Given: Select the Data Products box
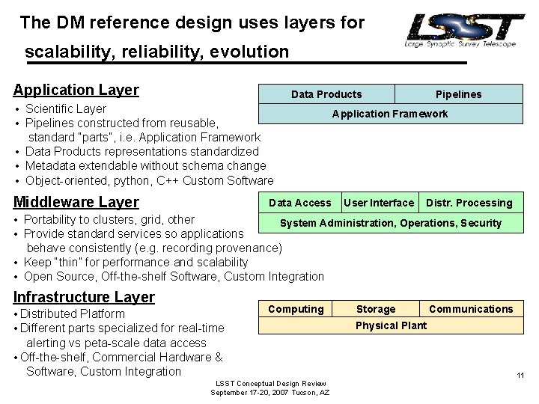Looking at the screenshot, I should point(326,94).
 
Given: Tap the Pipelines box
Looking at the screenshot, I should point(458,94).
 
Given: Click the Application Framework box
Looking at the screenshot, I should point(389,114).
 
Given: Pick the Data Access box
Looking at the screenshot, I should point(299,203).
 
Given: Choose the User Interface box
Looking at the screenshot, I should point(378,203).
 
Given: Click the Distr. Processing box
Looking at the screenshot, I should point(469,203).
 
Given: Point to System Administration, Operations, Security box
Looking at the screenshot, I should point(390,223).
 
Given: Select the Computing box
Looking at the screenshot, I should point(296,309).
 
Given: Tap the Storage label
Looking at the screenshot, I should point(376,309).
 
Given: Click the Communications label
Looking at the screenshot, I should point(471,309).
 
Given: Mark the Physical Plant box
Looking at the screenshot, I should point(391,325).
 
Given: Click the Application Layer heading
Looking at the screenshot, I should point(76,91).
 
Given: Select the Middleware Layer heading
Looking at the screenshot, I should point(76,202).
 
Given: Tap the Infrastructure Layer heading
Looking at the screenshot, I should point(84,297).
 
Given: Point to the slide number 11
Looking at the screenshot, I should point(520,376).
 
